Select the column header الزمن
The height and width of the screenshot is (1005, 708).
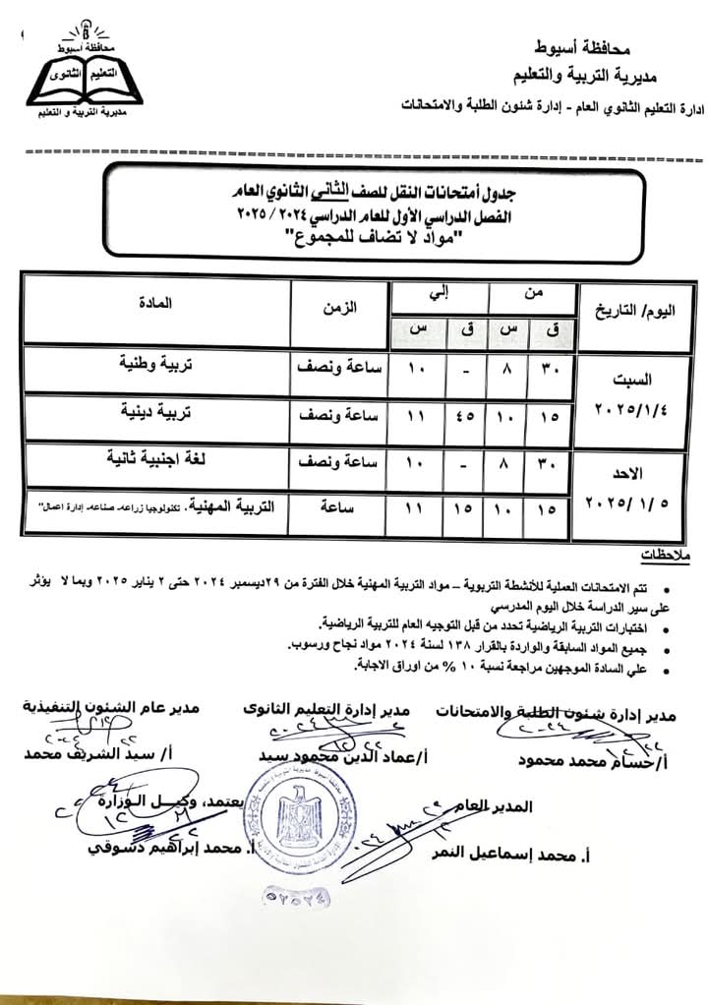[x=340, y=308]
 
